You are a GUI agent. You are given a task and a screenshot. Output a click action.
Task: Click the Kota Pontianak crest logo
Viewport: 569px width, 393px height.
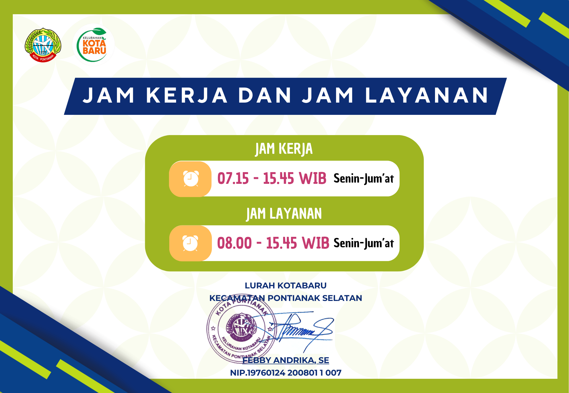point(43,45)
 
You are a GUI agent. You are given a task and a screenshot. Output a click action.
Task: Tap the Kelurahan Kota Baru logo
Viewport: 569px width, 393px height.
point(93,45)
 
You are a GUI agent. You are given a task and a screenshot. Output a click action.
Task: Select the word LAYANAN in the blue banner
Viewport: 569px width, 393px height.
point(427,95)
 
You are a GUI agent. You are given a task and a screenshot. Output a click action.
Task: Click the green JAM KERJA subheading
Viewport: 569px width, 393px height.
point(284,149)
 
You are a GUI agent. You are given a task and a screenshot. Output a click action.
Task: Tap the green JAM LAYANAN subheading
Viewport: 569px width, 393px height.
point(284,214)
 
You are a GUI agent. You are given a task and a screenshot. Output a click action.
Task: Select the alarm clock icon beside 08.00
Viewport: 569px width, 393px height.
point(190,243)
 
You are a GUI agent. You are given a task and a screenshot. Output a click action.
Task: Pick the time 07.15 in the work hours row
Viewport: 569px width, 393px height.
point(233,179)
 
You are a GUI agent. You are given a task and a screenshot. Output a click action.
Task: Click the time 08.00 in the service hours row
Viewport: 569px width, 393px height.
point(234,243)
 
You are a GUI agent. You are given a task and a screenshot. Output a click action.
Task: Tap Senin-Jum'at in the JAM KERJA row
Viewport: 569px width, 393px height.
point(364,179)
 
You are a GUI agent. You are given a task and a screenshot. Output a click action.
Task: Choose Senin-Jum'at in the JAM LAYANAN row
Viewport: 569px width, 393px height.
point(364,243)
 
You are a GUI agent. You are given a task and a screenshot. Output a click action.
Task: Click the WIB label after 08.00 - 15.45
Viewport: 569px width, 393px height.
point(316,243)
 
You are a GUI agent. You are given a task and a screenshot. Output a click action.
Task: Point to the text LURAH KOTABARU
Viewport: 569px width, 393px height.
point(286,286)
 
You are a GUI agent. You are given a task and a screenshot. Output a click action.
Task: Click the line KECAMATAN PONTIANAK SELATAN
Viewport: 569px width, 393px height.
point(286,298)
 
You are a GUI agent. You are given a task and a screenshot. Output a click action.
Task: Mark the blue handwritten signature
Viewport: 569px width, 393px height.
point(302,331)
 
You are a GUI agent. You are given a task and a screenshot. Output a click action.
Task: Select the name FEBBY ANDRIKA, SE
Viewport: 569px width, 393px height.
point(286,361)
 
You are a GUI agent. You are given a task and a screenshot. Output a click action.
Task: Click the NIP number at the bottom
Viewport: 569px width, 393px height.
point(286,373)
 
